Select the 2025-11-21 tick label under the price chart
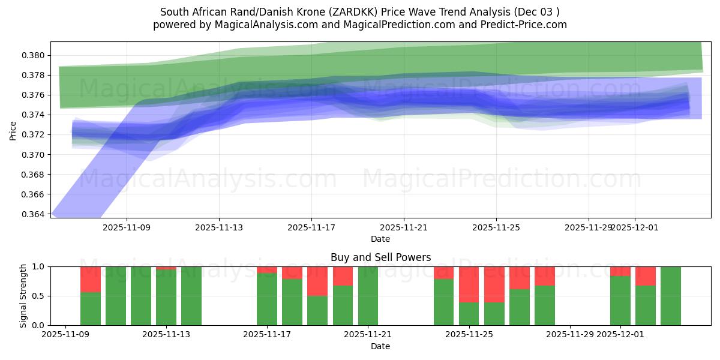(x=404, y=228)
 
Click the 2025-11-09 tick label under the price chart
(x=127, y=228)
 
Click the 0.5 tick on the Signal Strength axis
(x=39, y=296)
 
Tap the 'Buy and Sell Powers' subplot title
(x=380, y=257)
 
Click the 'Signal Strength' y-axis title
(x=23, y=295)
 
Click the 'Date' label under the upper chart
(x=380, y=239)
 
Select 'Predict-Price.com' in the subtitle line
(x=526, y=25)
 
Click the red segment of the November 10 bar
(x=91, y=279)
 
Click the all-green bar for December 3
(x=671, y=296)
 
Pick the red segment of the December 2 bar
(x=646, y=276)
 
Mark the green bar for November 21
(x=368, y=296)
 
